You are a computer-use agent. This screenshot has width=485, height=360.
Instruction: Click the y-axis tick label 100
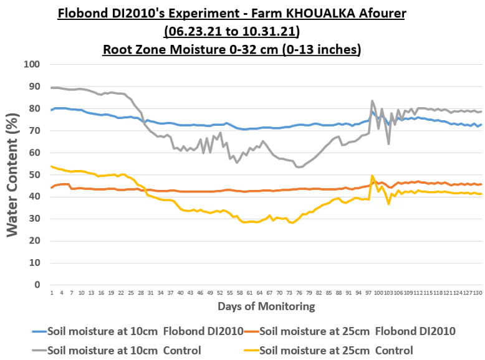tap(31, 64)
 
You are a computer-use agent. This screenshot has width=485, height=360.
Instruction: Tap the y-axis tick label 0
tap(37, 285)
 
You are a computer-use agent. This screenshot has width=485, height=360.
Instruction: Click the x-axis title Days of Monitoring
tap(266, 306)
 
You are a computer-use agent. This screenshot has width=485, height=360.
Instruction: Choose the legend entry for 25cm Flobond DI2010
tap(357, 331)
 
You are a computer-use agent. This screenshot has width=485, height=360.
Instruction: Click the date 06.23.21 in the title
tap(192, 30)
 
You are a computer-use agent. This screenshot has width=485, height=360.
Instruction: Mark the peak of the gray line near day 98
tap(372, 101)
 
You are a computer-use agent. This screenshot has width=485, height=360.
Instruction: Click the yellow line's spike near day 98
tap(372, 176)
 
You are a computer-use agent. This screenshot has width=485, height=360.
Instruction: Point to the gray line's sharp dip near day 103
tap(388, 144)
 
